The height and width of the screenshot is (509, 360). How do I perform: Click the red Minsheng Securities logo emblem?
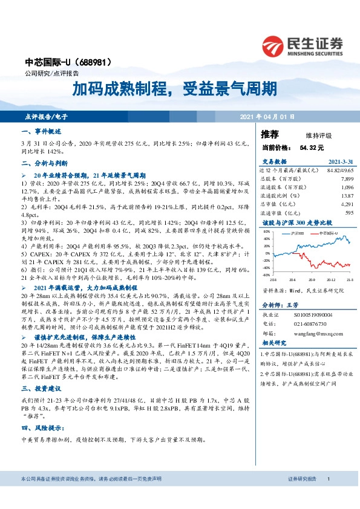[x=273, y=47]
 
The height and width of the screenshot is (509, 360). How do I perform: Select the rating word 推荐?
[x=270, y=134]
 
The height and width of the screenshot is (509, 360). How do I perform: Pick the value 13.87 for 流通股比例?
[x=347, y=196]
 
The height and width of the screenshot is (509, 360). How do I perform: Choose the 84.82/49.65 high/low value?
[x=339, y=170]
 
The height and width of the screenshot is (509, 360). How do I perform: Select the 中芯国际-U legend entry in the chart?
[x=327, y=232]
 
